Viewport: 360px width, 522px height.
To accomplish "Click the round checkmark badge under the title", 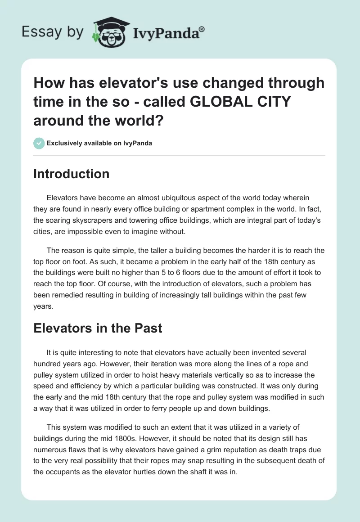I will click(39, 143).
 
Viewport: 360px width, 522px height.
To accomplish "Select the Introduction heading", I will click(71, 174).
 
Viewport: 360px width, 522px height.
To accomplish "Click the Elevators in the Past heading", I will click(98, 328).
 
